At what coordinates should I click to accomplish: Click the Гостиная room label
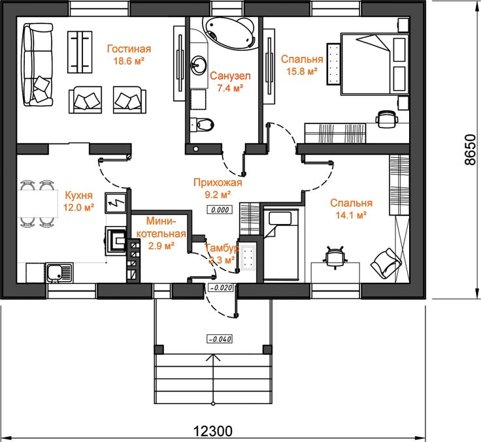click(x=129, y=49)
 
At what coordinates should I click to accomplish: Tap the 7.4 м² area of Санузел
click(x=230, y=88)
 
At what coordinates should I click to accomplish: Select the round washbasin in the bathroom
click(x=198, y=65)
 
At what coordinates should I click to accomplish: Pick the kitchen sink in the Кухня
click(x=59, y=272)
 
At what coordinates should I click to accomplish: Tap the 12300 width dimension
click(x=212, y=431)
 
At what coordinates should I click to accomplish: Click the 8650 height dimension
click(x=470, y=150)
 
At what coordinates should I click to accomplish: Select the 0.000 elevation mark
click(x=220, y=210)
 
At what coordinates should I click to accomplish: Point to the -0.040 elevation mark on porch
click(x=220, y=339)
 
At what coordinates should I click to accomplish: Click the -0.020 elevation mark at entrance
click(x=220, y=287)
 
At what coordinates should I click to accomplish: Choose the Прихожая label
click(x=218, y=182)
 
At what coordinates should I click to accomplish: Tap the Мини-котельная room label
click(x=161, y=227)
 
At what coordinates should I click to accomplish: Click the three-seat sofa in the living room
click(x=38, y=65)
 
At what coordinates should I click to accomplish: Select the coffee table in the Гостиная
click(x=80, y=52)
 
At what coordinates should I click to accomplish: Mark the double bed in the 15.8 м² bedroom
click(x=374, y=63)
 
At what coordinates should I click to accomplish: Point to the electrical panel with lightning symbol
click(x=115, y=202)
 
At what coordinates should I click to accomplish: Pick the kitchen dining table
click(x=37, y=204)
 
